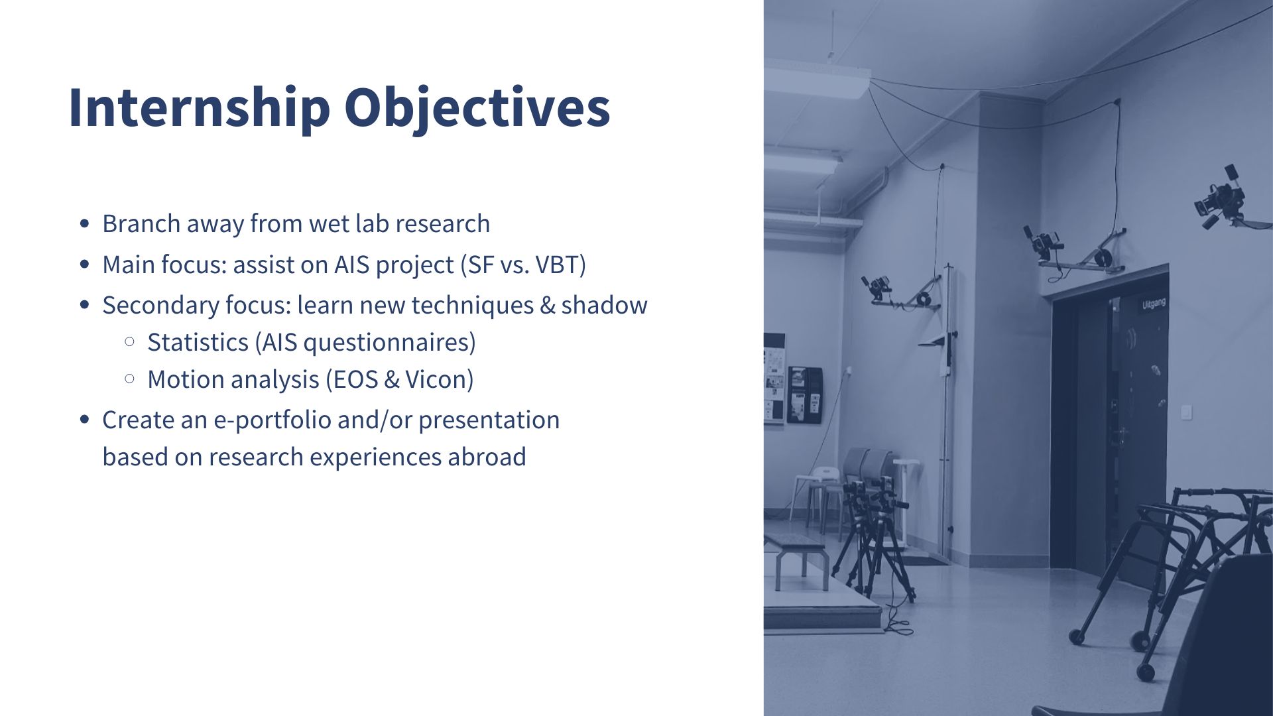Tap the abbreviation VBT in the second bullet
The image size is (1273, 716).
coord(557,265)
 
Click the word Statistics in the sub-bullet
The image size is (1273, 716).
coord(198,342)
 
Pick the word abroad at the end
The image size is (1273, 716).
coord(487,457)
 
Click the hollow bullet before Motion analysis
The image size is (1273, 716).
coord(129,379)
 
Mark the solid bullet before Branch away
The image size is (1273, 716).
coord(84,223)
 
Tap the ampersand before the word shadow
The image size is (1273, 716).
coord(548,306)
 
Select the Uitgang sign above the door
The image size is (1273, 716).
coord(1153,304)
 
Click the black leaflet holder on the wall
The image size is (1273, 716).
coord(804,394)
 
